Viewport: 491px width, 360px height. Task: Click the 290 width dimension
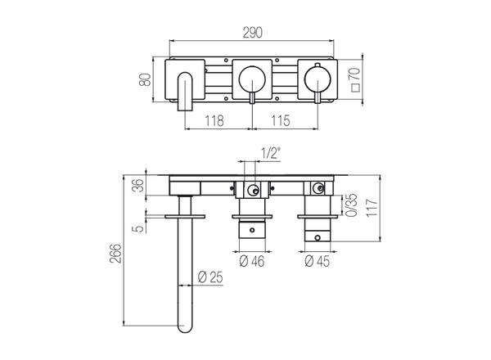coord(252,33)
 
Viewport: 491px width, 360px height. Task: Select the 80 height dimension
coord(145,79)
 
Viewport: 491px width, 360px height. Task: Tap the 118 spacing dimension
coord(214,121)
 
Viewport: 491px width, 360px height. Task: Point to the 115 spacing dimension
coord(281,121)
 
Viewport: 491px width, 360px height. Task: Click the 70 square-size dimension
coord(355,74)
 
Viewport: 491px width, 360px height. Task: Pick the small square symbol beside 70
coord(355,88)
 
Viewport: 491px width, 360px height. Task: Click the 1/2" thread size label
coord(271,153)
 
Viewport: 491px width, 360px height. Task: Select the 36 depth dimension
coord(140,185)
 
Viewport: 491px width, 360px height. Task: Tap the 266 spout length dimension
coord(115,254)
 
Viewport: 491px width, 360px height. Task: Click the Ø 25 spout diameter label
coord(210,277)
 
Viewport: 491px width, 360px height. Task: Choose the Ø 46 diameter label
coord(252,261)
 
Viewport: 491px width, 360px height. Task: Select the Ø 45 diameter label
coord(318,261)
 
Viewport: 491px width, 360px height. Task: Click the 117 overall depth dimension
coord(372,207)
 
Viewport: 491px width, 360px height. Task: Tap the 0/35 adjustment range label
coord(352,205)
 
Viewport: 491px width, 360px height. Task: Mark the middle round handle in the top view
coord(252,79)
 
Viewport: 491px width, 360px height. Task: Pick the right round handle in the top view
coord(318,79)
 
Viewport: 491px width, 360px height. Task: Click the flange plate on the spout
coord(185,217)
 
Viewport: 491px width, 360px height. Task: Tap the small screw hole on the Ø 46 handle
coord(252,230)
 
